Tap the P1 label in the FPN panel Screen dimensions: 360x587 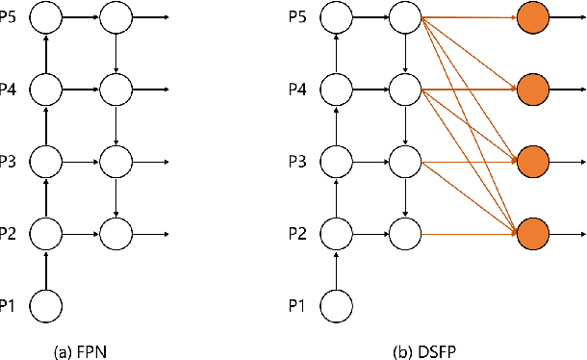point(8,305)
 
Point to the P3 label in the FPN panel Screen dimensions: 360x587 point(8,161)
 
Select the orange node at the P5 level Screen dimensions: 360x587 point(532,17)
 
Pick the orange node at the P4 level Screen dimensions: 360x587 point(532,90)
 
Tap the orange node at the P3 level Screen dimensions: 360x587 point(532,161)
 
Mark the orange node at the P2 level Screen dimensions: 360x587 point(532,233)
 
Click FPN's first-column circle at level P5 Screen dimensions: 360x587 point(46,17)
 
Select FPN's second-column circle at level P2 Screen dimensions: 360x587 point(115,233)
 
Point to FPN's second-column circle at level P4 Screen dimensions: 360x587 point(115,90)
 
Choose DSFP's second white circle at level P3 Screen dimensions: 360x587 point(405,161)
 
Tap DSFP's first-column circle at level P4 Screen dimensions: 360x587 point(337,90)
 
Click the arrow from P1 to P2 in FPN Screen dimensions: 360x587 point(46,270)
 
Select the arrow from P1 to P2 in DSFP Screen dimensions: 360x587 point(337,270)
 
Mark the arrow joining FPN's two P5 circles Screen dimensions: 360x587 point(81,17)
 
